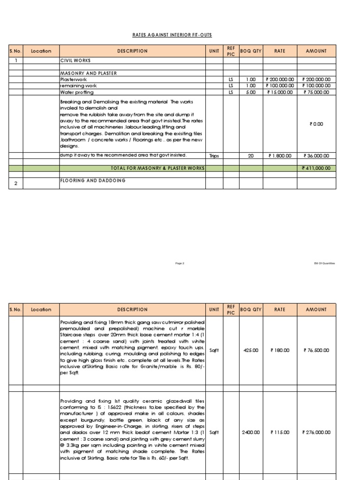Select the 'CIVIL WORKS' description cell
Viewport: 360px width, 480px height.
pyautogui.click(x=75, y=60)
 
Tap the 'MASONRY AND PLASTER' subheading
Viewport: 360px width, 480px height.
pyautogui.click(x=89, y=74)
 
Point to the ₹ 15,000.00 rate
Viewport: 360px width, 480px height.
pyautogui.click(x=280, y=92)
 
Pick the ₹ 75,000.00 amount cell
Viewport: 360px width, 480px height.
pyautogui.click(x=316, y=92)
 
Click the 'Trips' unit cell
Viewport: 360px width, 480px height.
pyautogui.click(x=214, y=156)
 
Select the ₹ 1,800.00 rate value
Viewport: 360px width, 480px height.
pyautogui.click(x=280, y=156)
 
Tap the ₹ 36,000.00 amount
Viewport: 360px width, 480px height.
pyautogui.click(x=316, y=156)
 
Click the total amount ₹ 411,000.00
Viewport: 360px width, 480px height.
pyautogui.click(x=316, y=168)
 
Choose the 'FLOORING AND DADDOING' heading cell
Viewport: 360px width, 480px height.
pyautogui.click(x=93, y=180)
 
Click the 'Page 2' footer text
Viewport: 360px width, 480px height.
pyautogui.click(x=180, y=263)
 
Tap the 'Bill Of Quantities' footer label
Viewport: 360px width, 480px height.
pyautogui.click(x=324, y=263)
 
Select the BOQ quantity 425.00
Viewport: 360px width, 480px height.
pyautogui.click(x=251, y=350)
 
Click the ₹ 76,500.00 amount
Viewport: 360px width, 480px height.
pyautogui.click(x=316, y=350)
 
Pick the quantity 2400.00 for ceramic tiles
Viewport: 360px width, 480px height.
pyautogui.click(x=251, y=432)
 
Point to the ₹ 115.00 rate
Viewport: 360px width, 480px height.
pyautogui.click(x=280, y=432)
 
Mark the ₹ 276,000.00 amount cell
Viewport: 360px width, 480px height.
pyautogui.click(x=316, y=432)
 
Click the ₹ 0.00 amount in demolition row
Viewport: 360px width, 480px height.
pyautogui.click(x=316, y=124)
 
